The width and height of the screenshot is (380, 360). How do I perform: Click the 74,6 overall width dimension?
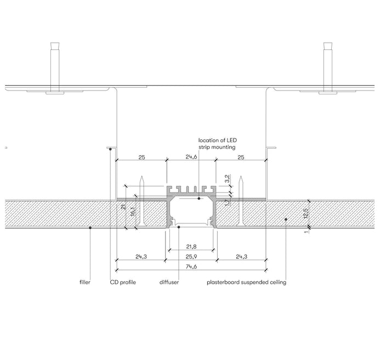click(x=191, y=266)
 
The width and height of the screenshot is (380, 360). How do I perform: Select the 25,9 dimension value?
click(x=191, y=256)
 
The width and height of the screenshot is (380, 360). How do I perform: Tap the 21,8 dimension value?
click(x=191, y=247)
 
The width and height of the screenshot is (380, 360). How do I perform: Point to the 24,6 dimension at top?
click(x=191, y=157)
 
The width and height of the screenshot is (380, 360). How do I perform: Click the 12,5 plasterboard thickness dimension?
click(x=305, y=213)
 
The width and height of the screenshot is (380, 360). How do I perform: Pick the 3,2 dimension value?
click(x=228, y=178)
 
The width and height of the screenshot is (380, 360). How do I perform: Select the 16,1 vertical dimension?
click(x=133, y=212)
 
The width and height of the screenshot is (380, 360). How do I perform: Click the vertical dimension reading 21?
click(x=123, y=206)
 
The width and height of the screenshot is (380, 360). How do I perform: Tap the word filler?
click(x=85, y=282)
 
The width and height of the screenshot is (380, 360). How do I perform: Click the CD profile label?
click(x=123, y=282)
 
